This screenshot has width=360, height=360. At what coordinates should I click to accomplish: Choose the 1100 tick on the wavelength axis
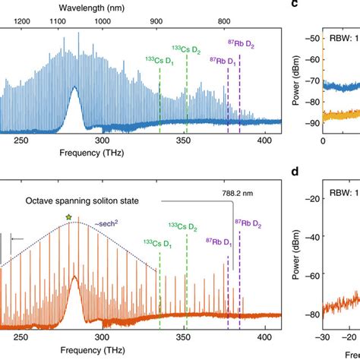coord(57,22)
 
